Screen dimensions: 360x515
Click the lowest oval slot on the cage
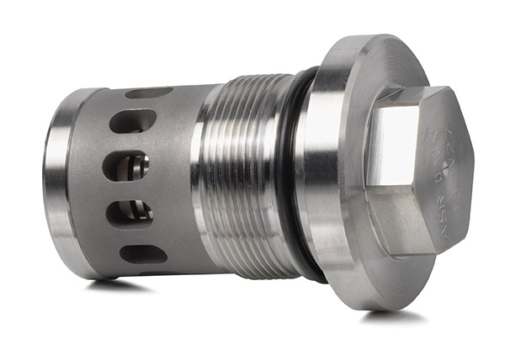(x=142, y=253)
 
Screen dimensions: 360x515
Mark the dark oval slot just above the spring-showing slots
(x=133, y=122)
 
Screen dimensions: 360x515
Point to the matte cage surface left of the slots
(x=88, y=185)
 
